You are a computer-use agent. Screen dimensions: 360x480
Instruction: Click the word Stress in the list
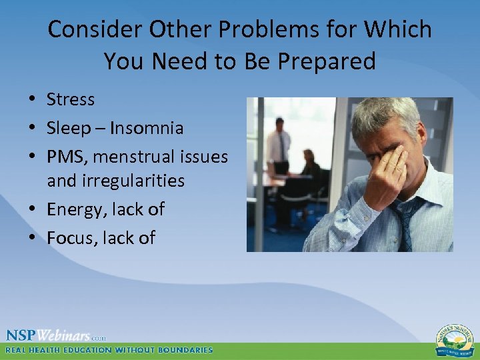(71, 100)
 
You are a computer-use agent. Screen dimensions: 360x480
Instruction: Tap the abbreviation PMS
(68, 157)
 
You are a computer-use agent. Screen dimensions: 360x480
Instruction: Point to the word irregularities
(115, 181)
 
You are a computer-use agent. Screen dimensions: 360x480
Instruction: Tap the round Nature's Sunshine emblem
(454, 340)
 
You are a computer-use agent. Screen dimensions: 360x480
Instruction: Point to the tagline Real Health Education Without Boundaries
(109, 350)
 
